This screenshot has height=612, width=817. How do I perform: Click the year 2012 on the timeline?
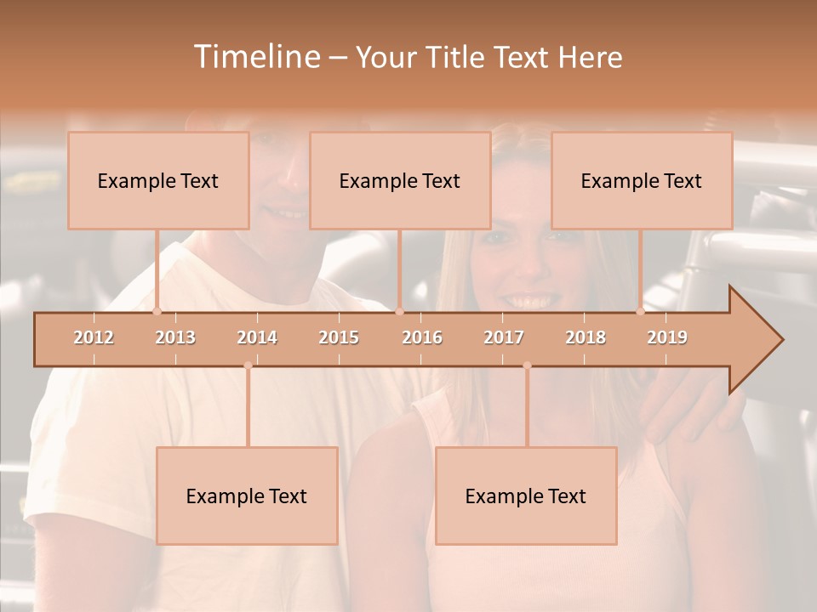[x=94, y=337]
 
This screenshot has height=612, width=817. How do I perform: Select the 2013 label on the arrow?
[x=175, y=337]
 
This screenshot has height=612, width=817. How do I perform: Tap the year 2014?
[x=257, y=337]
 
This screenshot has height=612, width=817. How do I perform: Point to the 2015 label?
[x=339, y=337]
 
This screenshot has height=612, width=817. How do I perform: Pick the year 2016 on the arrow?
[x=422, y=337]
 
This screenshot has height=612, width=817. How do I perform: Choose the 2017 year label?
[x=504, y=337]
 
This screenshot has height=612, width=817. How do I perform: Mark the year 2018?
[x=586, y=337]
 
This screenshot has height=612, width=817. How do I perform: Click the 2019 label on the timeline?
[x=667, y=337]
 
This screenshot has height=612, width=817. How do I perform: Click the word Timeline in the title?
[x=254, y=57]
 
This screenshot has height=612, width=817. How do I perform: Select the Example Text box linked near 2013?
[x=158, y=180]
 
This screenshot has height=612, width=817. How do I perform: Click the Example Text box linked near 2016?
[x=400, y=180]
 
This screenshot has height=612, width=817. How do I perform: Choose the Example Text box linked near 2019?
[x=642, y=180]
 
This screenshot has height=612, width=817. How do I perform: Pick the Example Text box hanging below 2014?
[x=247, y=496]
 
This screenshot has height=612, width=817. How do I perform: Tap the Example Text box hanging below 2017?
[x=526, y=496]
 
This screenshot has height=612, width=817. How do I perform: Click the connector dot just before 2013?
[x=157, y=311]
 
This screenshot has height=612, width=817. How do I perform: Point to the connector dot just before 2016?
[x=399, y=311]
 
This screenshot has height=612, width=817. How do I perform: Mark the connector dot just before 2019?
[x=641, y=311]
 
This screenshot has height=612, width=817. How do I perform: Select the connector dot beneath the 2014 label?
[x=248, y=365]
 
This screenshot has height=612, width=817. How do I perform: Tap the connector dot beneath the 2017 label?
[x=527, y=365]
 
